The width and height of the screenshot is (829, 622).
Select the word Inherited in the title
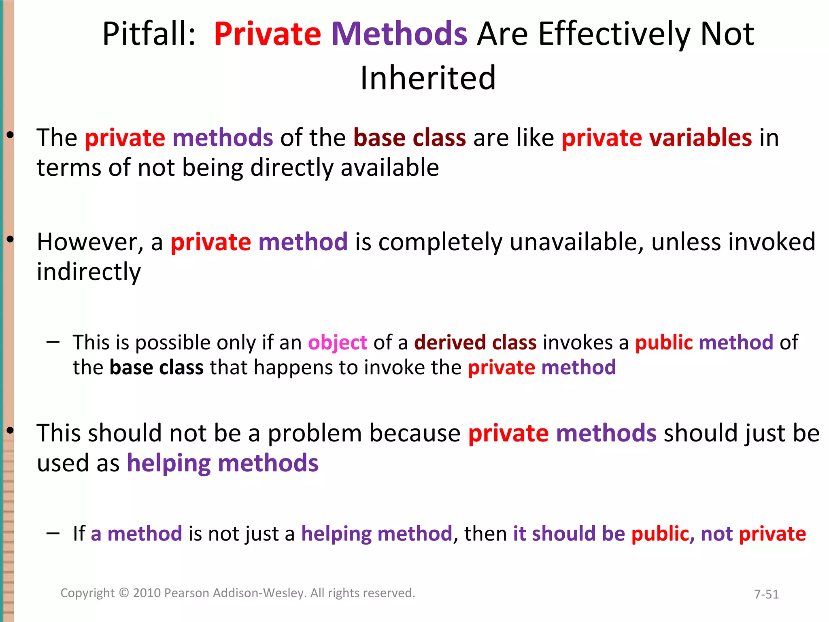click(428, 78)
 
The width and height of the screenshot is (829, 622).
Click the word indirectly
click(89, 272)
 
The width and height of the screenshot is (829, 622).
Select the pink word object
click(338, 343)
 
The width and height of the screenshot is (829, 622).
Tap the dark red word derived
click(449, 343)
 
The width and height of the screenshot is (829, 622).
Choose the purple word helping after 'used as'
click(168, 463)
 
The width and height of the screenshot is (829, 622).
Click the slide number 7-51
click(766, 594)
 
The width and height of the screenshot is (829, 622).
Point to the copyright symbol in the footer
click(124, 593)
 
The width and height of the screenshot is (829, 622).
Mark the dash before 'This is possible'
click(53, 342)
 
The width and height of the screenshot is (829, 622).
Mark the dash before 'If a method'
click(53, 533)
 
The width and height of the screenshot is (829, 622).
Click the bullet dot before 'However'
click(10, 240)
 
